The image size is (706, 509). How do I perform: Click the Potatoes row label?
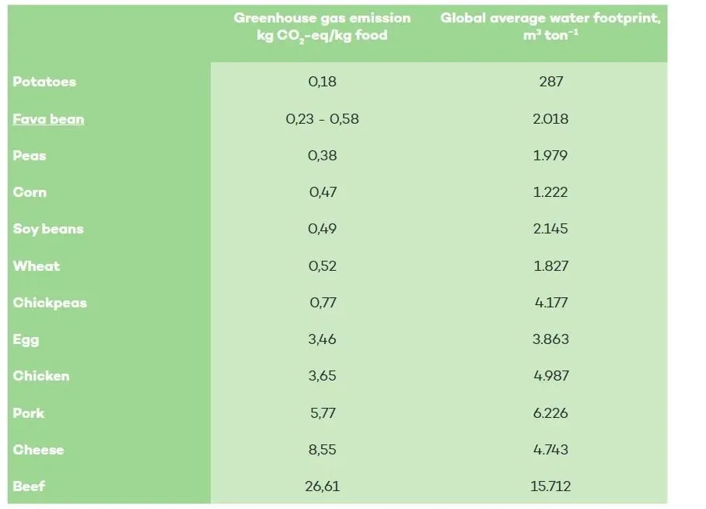[x=44, y=82]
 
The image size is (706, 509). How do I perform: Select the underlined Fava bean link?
[x=48, y=119]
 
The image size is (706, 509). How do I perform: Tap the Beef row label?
[x=30, y=486]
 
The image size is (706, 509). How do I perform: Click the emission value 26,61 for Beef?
[x=323, y=486]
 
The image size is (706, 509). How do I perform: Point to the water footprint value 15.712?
[x=550, y=486]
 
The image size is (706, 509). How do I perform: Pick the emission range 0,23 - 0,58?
[x=323, y=119]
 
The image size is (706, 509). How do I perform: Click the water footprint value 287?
[x=550, y=82]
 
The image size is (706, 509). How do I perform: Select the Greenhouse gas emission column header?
[x=322, y=26]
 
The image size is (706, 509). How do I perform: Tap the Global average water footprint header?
[x=550, y=26]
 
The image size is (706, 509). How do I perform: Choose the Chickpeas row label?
[x=50, y=303]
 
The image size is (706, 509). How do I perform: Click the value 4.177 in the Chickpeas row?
[x=550, y=303]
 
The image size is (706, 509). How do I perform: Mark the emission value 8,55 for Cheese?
[x=323, y=450]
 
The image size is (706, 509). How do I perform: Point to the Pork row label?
[x=29, y=413]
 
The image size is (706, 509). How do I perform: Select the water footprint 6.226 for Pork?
[x=550, y=413]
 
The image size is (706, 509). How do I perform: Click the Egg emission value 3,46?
[x=323, y=339]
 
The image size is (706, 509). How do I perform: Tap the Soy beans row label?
[x=48, y=229]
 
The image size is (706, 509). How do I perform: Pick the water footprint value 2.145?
[x=550, y=229]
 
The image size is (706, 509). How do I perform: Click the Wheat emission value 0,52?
[x=323, y=266]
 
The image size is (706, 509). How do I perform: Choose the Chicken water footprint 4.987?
[x=550, y=376]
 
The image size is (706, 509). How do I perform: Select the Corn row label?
[x=30, y=192]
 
